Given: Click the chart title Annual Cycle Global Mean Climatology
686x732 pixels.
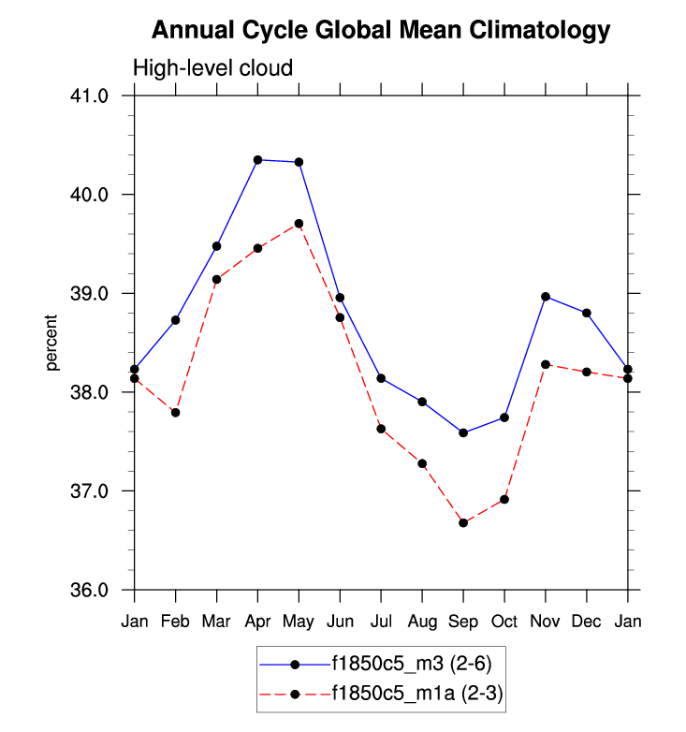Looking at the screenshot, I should coord(380,31).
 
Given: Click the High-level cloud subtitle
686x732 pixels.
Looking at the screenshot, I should coord(213,68).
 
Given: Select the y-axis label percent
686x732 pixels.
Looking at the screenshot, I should coord(53,343).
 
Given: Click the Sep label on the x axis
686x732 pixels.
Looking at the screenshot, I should coord(463,621).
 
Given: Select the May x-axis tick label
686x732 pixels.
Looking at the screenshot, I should coord(299,621).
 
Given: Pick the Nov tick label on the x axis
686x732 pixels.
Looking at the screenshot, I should coord(546,621).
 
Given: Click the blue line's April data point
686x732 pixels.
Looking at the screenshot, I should coord(257,160).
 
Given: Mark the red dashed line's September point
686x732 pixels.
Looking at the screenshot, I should coord(463,522).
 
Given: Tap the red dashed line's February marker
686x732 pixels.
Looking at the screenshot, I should coord(175,413).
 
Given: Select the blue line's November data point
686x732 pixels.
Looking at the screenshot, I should coord(546,297).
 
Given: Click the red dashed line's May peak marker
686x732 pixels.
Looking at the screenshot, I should coord(299,224).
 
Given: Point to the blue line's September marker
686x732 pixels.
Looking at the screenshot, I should coord(463,432).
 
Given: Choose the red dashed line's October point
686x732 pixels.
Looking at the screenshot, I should coord(504,499).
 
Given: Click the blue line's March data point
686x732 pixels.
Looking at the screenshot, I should coord(216,246).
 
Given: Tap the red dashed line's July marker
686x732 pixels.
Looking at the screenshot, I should coord(381,429).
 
